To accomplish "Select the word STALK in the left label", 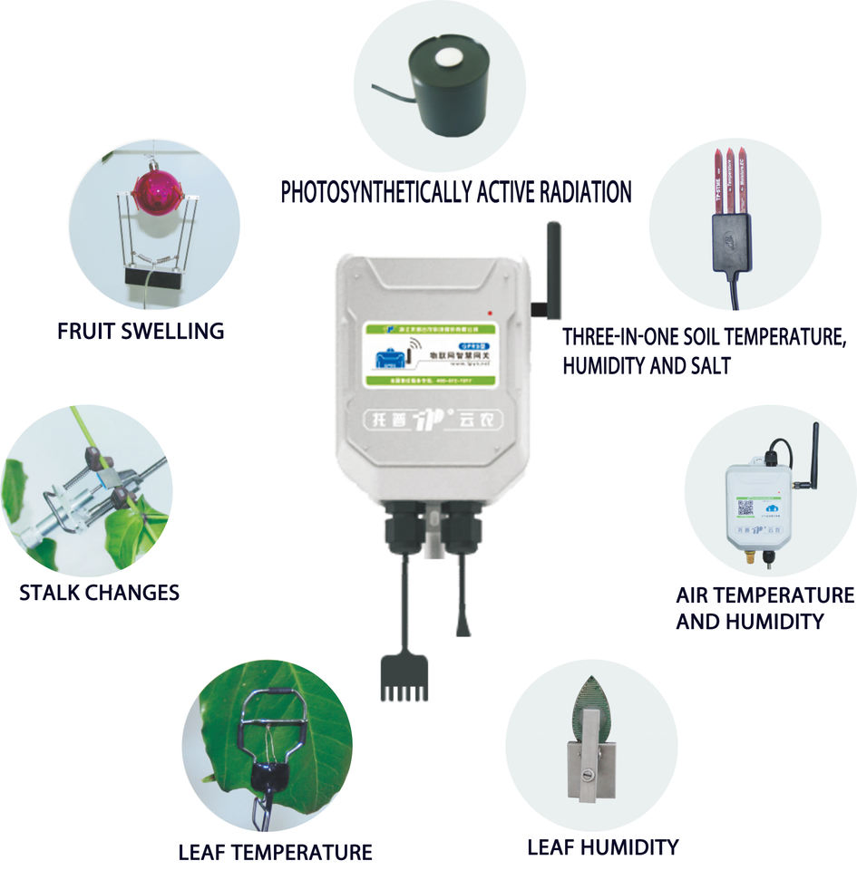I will [49, 594].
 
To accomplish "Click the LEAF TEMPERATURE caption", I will [275, 852].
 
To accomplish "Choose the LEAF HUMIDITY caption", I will [602, 847].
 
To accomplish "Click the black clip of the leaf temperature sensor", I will [270, 773].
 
